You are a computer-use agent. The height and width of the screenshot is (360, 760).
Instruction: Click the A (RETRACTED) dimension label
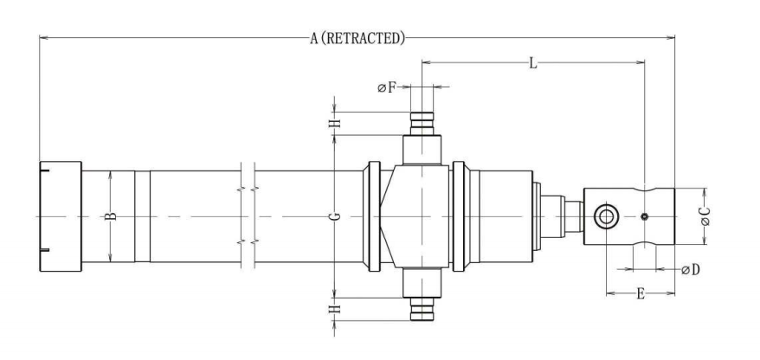tap(357, 38)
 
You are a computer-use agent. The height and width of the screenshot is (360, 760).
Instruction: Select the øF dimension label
tap(386, 87)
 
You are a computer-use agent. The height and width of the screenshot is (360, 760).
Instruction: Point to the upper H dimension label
tap(337, 124)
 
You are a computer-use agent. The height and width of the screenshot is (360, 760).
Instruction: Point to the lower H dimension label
tap(337, 306)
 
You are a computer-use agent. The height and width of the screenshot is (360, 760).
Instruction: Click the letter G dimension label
tap(337, 215)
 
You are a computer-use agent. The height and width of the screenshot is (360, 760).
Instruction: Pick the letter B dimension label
tap(111, 215)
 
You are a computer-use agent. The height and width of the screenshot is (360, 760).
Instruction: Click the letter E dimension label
tap(640, 294)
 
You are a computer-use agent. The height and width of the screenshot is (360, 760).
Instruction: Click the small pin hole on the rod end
tap(645, 215)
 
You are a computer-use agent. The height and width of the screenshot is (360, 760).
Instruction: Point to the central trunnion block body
tap(422, 215)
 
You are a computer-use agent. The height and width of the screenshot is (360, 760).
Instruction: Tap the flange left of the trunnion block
tap(374, 215)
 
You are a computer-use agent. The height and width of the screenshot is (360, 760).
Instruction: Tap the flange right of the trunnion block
tap(459, 215)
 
